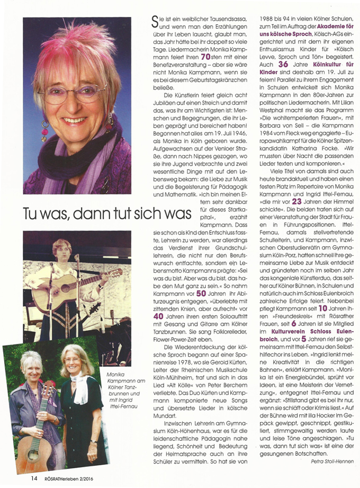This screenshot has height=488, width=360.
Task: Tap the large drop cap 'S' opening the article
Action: tap(155, 21)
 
